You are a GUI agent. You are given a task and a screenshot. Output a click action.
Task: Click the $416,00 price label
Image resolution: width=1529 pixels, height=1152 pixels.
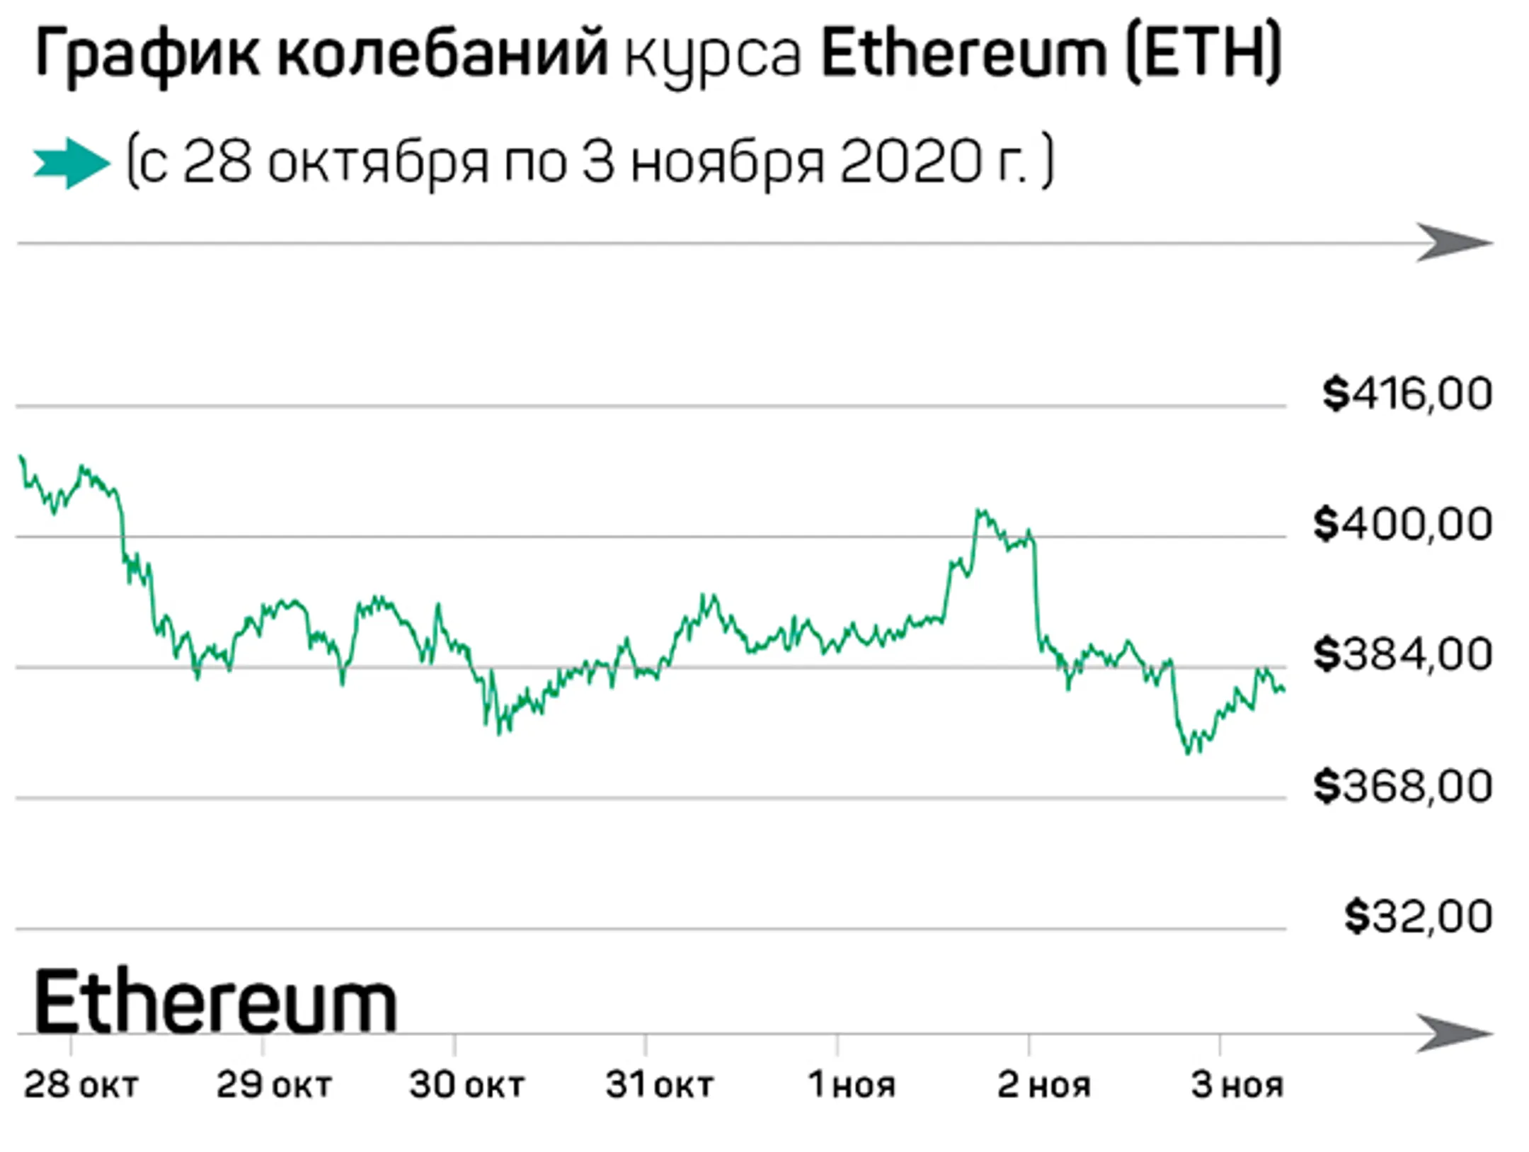(x=1407, y=394)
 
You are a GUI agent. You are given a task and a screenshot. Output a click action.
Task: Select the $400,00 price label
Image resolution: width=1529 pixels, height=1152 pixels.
(x=1402, y=524)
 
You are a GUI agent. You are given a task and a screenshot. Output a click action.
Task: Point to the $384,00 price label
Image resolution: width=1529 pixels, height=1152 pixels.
(x=1402, y=654)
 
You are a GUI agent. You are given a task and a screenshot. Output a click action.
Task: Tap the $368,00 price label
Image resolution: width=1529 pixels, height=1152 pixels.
(x=1402, y=785)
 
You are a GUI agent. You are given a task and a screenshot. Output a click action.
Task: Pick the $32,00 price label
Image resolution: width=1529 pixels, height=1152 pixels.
(x=1418, y=916)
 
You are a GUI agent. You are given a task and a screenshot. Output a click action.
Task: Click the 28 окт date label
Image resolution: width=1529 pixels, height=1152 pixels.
(x=81, y=1085)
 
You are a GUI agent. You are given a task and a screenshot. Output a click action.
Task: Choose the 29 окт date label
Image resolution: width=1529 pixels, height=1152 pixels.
(x=273, y=1085)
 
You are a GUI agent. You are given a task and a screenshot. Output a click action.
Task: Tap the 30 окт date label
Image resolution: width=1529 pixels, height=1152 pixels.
(x=466, y=1085)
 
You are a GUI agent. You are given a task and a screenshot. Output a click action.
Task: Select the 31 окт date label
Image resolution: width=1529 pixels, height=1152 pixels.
(x=658, y=1085)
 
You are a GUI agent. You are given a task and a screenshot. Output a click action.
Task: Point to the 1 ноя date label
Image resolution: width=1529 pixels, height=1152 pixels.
(x=851, y=1085)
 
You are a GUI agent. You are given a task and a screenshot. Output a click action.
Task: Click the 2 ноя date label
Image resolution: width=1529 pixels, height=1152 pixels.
(x=1043, y=1085)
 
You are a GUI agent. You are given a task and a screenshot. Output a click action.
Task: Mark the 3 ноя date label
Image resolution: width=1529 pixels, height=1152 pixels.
(x=1236, y=1085)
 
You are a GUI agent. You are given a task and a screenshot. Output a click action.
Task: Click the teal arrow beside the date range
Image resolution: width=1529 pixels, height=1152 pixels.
(x=71, y=163)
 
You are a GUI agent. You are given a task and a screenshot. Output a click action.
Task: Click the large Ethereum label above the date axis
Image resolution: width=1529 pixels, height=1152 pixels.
(x=215, y=1003)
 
